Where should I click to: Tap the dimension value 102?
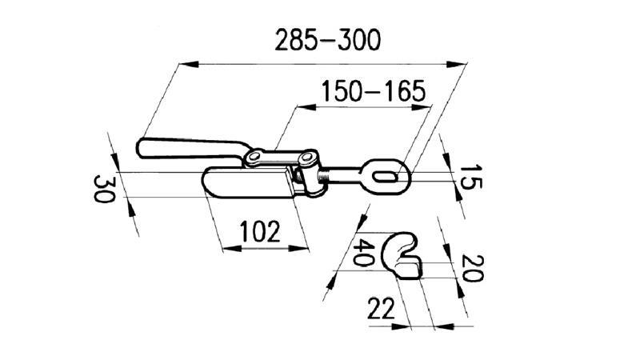261,233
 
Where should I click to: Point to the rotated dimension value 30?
102,190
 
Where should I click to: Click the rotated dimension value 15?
470,178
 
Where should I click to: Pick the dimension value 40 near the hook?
365,254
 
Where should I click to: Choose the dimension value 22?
382,308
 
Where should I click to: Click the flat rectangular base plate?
248,183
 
